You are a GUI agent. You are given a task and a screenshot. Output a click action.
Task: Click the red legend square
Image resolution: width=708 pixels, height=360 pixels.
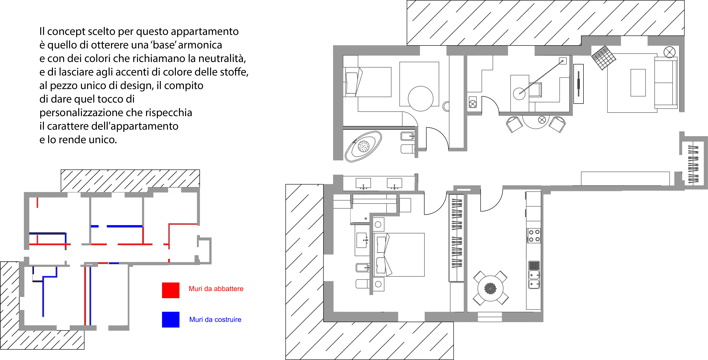pyautogui.click(x=171, y=290)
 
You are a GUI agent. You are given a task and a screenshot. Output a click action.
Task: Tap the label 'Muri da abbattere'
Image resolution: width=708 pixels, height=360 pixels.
pyautogui.click(x=216, y=289)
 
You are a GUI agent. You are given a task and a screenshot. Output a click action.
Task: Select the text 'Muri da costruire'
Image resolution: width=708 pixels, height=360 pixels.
pyautogui.click(x=215, y=320)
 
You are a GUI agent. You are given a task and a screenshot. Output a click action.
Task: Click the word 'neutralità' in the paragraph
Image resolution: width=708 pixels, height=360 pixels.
pyautogui.click(x=222, y=58)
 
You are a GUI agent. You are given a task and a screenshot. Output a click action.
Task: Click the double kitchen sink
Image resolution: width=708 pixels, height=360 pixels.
pyautogui.click(x=534, y=279)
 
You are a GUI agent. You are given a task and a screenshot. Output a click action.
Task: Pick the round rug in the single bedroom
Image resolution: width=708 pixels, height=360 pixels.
pyautogui.click(x=420, y=98)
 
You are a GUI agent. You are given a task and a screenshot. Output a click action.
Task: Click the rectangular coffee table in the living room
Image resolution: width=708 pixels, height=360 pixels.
pyautogui.click(x=638, y=83)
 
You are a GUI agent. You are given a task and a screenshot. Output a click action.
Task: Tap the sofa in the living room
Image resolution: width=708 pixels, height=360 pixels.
pyautogui.click(x=666, y=83)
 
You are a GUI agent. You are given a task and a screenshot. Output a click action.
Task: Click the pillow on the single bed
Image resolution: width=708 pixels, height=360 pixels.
pyautogui.click(x=352, y=83)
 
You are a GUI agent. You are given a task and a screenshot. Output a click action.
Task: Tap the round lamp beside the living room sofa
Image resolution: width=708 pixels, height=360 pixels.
pyautogui.click(x=670, y=52)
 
